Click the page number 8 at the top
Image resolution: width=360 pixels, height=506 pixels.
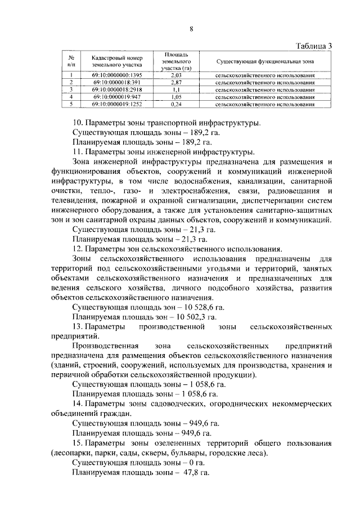[191, 29]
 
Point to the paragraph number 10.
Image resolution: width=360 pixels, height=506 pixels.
[78, 123]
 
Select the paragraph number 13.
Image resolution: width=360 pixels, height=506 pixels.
[78, 327]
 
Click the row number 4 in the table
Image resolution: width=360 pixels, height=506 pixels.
[72, 97]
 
